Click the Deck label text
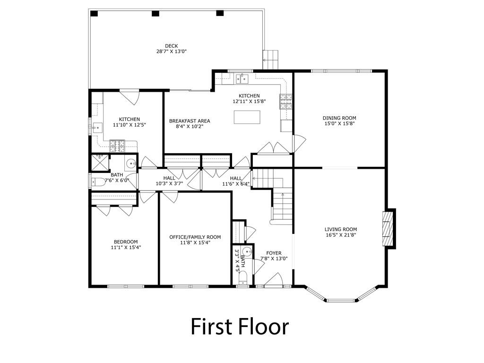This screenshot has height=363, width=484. pyautogui.click(x=171, y=46)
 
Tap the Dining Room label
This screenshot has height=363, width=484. pyautogui.click(x=339, y=118)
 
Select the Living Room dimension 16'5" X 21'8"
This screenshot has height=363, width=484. pyautogui.click(x=341, y=235)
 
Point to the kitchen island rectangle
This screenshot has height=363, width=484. pyautogui.click(x=247, y=117)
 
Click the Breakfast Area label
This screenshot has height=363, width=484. pyautogui.click(x=190, y=121)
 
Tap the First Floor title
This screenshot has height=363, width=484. pyautogui.click(x=240, y=326)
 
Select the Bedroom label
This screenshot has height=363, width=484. pyautogui.click(x=126, y=242)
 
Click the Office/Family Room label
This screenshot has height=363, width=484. pyautogui.click(x=195, y=237)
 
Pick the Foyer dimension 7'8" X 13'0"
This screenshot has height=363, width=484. pyautogui.click(x=274, y=259)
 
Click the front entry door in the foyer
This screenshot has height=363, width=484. pyautogui.click(x=274, y=280)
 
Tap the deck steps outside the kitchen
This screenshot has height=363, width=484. pyautogui.click(x=271, y=60)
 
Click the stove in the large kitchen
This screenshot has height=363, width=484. pyautogui.click(x=286, y=102)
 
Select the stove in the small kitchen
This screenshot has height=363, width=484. pyautogui.click(x=117, y=146)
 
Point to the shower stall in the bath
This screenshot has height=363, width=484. pyautogui.click(x=99, y=163)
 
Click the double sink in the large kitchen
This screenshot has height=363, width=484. pyautogui.click(x=242, y=79)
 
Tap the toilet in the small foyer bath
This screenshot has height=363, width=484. pyautogui.click(x=243, y=278)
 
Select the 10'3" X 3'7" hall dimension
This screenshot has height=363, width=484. pyautogui.click(x=169, y=183)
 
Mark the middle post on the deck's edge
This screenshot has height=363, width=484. pyautogui.click(x=155, y=13)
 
